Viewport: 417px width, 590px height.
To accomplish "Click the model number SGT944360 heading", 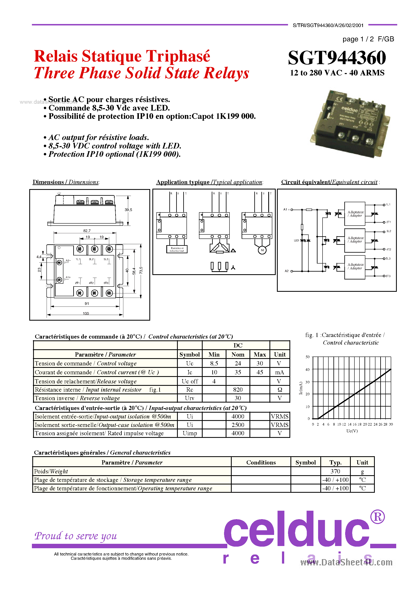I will [x=337, y=58].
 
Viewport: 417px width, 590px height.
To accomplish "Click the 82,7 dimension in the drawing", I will [x=87, y=231].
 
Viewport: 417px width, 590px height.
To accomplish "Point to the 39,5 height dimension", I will [x=128, y=210].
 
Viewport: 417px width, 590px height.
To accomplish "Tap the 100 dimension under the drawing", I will [x=86, y=313].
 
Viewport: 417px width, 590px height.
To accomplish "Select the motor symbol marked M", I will [x=262, y=250].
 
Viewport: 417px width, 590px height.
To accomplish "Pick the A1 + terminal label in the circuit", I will [x=286, y=209].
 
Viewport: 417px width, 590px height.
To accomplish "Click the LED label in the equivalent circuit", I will [x=296, y=241].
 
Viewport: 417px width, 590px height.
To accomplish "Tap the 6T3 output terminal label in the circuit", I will [x=388, y=276].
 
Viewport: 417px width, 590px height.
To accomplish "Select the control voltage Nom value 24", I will [x=238, y=363].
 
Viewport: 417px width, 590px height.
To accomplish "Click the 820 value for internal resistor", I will [x=238, y=390].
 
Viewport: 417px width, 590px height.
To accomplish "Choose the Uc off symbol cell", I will [x=190, y=381].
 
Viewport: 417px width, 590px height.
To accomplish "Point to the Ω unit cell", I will [x=280, y=390].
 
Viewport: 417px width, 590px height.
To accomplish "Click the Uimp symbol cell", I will [x=190, y=433].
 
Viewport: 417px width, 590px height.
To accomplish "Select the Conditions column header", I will [x=261, y=462].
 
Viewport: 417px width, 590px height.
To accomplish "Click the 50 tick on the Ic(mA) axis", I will [x=307, y=357].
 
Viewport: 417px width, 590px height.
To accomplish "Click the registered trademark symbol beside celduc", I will [x=377, y=517].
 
